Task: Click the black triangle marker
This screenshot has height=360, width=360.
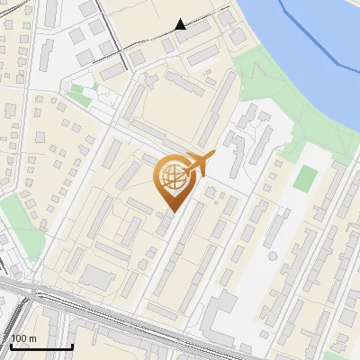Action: point(181,24)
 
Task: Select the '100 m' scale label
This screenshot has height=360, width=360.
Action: point(24,338)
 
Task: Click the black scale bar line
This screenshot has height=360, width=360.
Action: point(40,346)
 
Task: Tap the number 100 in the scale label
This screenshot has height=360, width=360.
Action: point(20,338)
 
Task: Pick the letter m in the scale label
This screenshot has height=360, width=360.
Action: point(32,338)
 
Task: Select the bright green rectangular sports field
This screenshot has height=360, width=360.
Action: point(306,177)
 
